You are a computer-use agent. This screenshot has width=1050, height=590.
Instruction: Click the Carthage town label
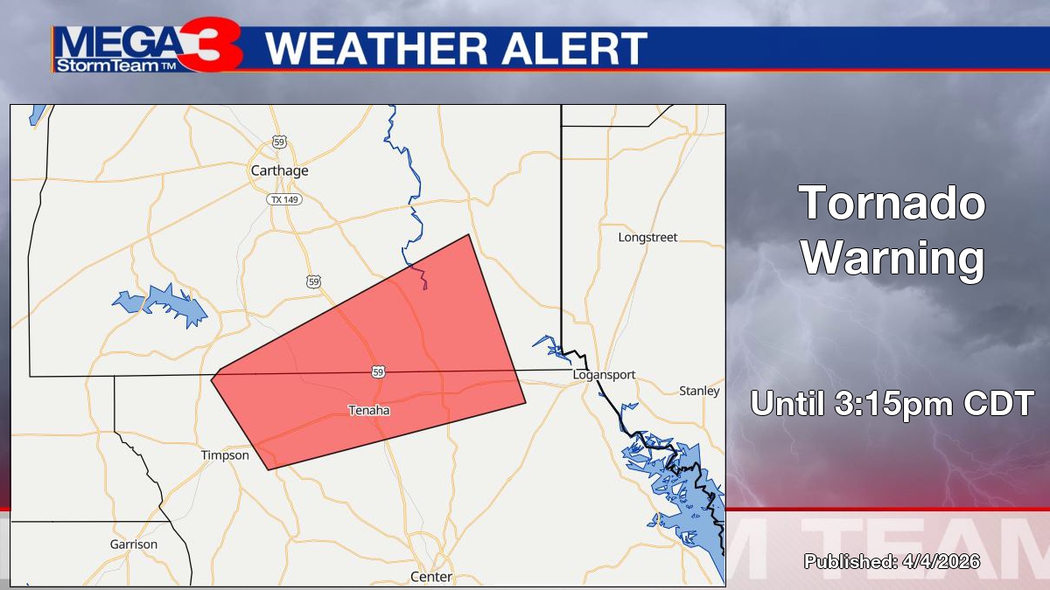pyautogui.click(x=280, y=170)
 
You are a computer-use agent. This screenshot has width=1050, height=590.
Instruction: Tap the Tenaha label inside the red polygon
pyautogui.click(x=369, y=410)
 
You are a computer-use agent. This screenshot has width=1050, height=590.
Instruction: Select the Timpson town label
pyautogui.click(x=225, y=455)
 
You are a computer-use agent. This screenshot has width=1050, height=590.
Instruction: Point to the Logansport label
pyautogui.click(x=604, y=375)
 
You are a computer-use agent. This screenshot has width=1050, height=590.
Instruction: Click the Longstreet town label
pyautogui.click(x=647, y=238)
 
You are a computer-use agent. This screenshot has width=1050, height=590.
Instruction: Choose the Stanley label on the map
pyautogui.click(x=699, y=391)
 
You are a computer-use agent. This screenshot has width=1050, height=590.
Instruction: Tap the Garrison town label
pyautogui.click(x=134, y=544)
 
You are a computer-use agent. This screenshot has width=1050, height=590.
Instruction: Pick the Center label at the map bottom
pyautogui.click(x=431, y=577)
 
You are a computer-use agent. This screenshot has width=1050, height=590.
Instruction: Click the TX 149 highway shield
pyautogui.click(x=280, y=199)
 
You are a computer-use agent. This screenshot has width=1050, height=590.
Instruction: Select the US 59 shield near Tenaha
pyautogui.click(x=377, y=371)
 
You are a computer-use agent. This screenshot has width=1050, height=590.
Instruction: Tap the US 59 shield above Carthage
pyautogui.click(x=279, y=142)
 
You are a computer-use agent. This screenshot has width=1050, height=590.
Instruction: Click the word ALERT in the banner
pyautogui.click(x=573, y=49)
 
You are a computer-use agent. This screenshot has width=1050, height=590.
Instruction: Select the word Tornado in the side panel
pyautogui.click(x=892, y=204)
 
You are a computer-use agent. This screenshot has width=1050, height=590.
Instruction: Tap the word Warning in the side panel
pyautogui.click(x=892, y=258)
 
